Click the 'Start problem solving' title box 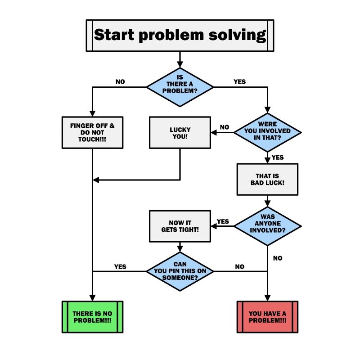point(180,35)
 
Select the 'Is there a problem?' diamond point(180,87)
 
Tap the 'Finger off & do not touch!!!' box point(92,132)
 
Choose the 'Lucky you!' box point(180,132)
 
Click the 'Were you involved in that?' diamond point(268,132)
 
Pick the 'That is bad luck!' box point(268,179)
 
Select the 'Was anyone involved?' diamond point(268,226)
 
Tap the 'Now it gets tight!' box point(180,226)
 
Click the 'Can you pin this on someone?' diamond point(180,271)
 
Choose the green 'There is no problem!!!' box point(92,316)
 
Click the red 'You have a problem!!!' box point(268,316)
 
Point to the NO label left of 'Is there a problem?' point(120,82)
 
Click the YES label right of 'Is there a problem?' point(240,82)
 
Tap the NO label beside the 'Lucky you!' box point(224,127)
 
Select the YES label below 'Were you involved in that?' point(278,157)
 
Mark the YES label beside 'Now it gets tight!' point(223,221)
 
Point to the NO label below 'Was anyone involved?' point(278,258)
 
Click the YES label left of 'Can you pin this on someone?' point(120,266)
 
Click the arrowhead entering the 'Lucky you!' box point(214,132)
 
